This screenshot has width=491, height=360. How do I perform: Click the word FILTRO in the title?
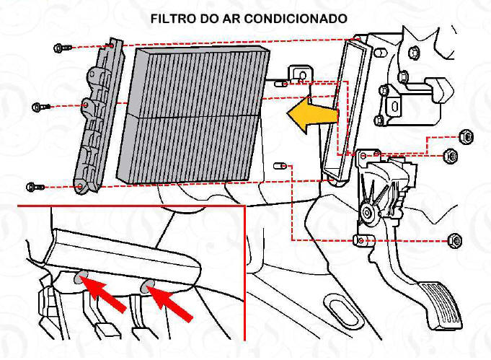tap(171, 17)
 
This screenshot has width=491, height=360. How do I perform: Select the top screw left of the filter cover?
tap(61, 48)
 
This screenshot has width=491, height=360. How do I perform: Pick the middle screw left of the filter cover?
tap(40, 107)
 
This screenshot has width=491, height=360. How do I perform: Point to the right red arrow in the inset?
tap(173, 302)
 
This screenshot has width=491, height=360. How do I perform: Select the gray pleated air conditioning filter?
tap(191, 115)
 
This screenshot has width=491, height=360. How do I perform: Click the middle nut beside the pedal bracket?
tap(449, 154)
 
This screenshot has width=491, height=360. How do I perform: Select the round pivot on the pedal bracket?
tap(368, 211)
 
